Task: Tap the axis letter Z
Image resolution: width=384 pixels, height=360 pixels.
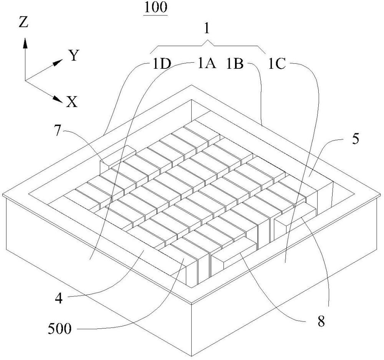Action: pos(24,22)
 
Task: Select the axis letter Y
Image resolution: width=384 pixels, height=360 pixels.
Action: pos(74,55)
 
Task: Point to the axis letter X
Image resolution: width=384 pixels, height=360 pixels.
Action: pos(72,102)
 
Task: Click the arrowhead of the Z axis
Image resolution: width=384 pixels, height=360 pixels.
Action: pos(25,44)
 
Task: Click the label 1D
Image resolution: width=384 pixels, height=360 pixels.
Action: pos(162,64)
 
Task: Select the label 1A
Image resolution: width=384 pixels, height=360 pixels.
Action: pos(207,64)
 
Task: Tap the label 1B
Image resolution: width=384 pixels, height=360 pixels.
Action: pos(235,64)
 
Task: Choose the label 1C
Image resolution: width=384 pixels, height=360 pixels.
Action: pos(277,64)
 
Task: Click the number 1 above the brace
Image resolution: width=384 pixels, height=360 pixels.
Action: pos(207,29)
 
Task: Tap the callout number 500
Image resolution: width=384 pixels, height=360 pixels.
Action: pos(60,329)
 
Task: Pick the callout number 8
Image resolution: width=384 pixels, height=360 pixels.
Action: pos(321,321)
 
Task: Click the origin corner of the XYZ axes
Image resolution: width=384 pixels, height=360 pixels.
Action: pos(25,80)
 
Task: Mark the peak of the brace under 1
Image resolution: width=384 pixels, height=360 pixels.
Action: pos(208,41)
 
